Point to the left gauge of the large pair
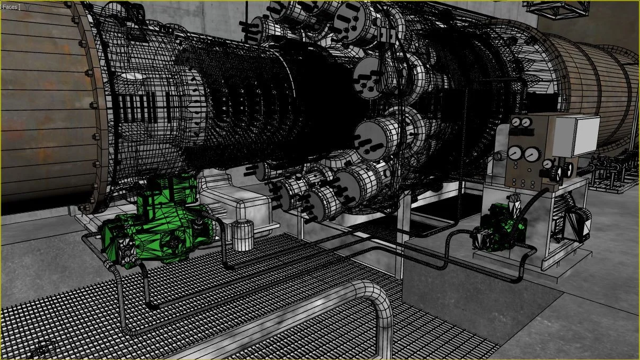(515, 153)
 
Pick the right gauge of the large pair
(532, 155)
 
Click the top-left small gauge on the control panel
(515, 122)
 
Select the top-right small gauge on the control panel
(526, 122)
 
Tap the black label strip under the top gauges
(522, 133)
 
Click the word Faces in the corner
(10, 7)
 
